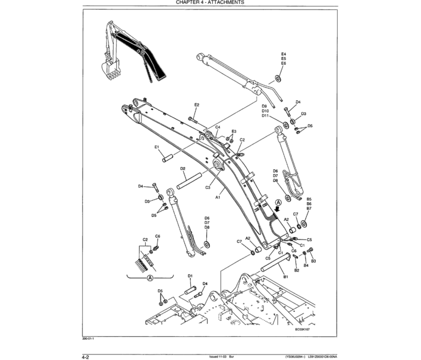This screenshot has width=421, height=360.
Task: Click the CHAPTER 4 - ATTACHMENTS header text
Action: [210, 3]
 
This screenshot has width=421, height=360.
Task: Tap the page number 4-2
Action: [86, 356]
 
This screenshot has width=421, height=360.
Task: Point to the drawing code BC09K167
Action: [302, 330]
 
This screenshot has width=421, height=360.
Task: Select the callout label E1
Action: [156, 147]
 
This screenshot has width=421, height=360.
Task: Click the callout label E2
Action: [197, 105]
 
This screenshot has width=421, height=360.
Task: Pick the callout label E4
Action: [283, 54]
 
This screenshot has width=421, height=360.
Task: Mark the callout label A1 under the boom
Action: [218, 196]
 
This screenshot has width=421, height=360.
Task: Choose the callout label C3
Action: [208, 187]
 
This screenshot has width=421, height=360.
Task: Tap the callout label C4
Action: [218, 127]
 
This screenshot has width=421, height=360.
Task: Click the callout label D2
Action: [183, 169]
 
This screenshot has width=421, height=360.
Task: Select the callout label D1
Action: [190, 276]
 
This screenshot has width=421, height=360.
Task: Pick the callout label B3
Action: [314, 261]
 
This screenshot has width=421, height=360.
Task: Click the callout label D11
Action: [265, 116]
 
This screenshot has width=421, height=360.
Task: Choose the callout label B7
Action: [309, 208]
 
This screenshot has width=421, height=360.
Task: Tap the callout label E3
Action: [234, 132]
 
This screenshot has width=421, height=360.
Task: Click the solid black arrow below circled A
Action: [280, 209]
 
